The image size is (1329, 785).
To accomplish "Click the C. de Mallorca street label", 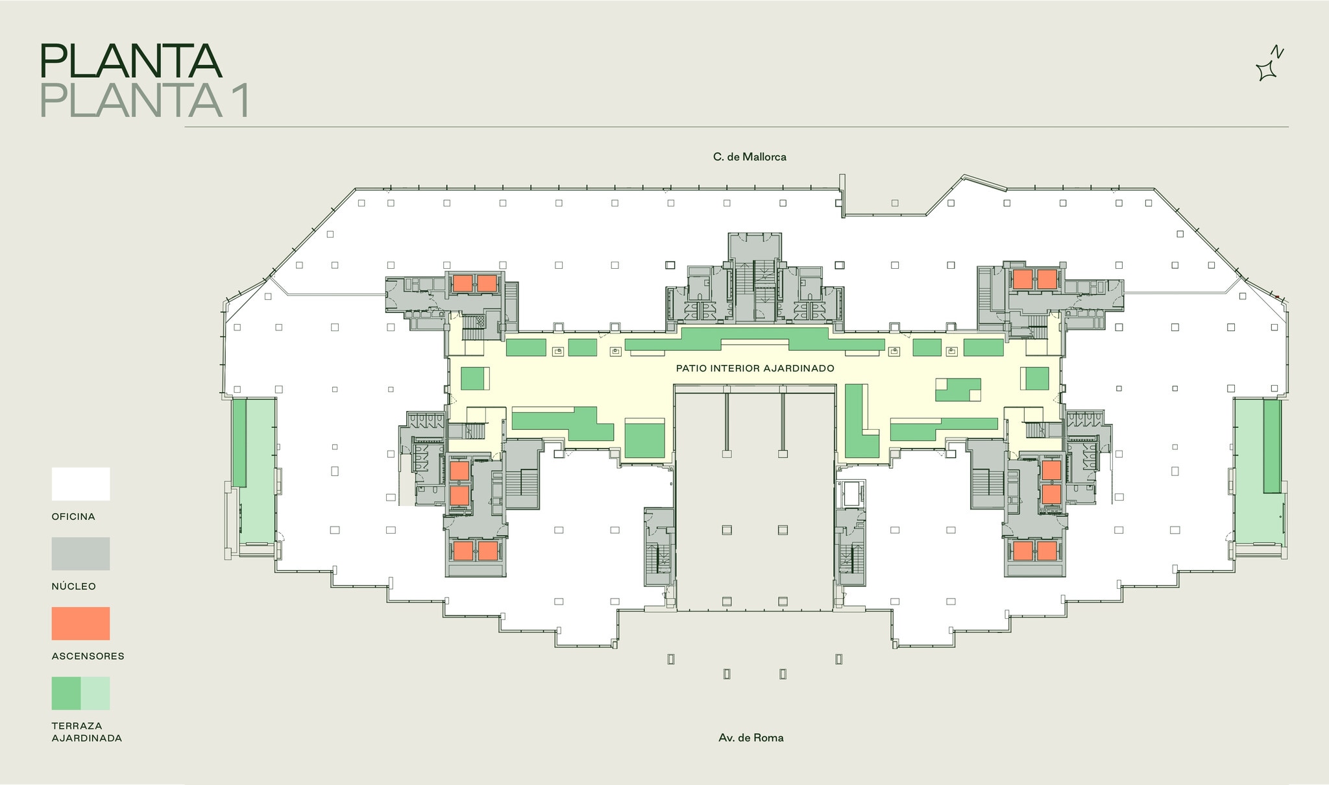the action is coord(750,156).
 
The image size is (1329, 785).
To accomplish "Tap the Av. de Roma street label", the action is coord(751,738).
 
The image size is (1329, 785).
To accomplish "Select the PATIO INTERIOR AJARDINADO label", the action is coord(755,368).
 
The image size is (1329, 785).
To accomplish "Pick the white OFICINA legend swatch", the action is coord(80,484).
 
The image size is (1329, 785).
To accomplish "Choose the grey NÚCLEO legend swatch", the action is coord(80,553).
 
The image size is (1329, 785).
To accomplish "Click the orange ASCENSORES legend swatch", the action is coord(80,623).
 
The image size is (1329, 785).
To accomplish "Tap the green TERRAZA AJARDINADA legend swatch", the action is coord(80,693).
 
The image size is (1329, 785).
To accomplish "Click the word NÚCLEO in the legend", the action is coord(74,586).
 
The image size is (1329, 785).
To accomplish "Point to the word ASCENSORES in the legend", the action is coord(88,656).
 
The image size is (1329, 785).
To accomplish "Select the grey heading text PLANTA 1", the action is coord(145,100).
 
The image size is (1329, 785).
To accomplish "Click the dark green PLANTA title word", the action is coord(130,61).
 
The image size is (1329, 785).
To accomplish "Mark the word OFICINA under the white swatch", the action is coord(73,517).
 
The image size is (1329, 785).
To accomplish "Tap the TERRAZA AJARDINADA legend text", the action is coord(87,732).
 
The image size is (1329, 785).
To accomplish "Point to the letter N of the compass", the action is coord(1277,52).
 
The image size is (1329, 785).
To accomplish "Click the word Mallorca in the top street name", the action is coord(764,156).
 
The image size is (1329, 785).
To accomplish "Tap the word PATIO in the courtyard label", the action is coord(692,368).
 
